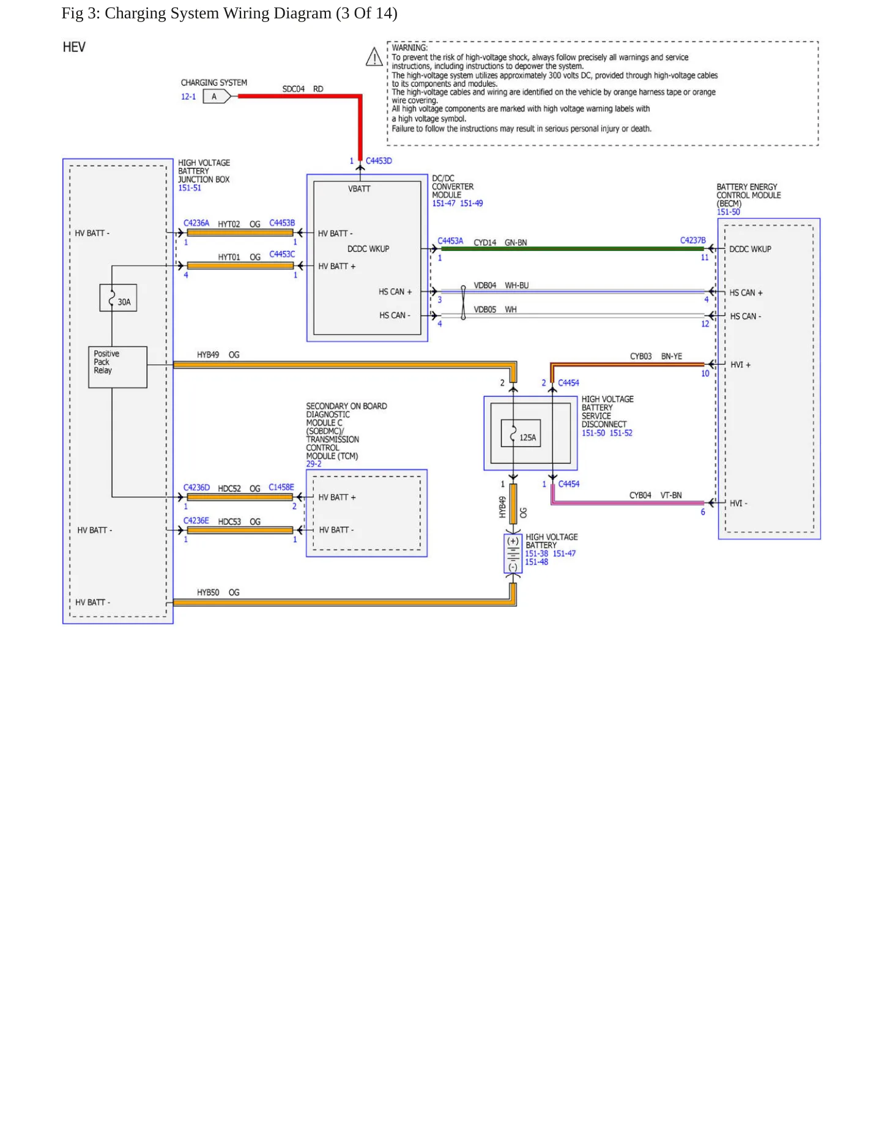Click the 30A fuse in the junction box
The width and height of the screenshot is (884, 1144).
(118, 298)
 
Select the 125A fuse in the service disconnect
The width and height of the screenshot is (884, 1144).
(521, 433)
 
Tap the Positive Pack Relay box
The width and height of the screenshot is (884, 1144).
(117, 367)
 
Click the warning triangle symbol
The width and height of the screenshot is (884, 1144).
(374, 57)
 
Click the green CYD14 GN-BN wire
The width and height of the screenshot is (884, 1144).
(573, 249)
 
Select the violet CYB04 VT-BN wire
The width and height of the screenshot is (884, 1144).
(628, 503)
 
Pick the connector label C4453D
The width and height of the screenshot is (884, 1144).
(379, 161)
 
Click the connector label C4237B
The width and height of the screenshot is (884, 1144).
(693, 240)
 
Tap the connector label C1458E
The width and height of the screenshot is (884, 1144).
(281, 488)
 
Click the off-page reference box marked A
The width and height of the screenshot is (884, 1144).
(217, 97)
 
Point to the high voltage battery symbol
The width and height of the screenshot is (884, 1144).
(513, 554)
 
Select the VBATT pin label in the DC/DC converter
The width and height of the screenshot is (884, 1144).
(359, 189)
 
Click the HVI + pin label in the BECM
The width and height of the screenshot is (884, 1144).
(740, 365)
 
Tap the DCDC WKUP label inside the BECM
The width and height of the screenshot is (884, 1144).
(750, 249)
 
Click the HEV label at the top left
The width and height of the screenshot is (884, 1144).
(74, 47)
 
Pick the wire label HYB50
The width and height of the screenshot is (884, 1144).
(208, 592)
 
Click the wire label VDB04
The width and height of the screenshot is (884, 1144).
(485, 286)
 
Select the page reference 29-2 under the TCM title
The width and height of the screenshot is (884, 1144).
(314, 464)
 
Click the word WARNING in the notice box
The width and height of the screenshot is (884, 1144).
(410, 48)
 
